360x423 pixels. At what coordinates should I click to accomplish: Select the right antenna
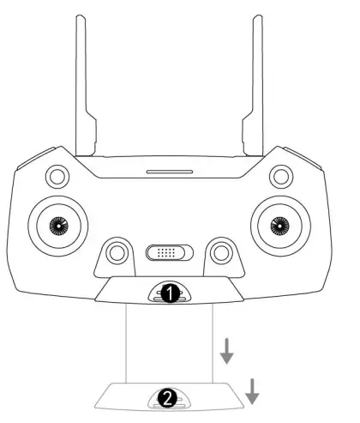click(255, 86)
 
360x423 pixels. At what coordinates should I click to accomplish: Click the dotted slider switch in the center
click(171, 253)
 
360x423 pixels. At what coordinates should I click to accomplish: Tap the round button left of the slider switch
click(118, 252)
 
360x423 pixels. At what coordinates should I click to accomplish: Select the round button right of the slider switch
click(222, 252)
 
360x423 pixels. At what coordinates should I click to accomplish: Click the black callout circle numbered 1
click(171, 293)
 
